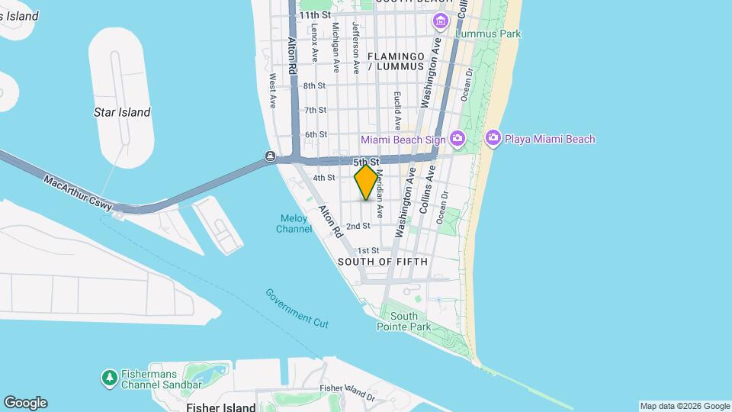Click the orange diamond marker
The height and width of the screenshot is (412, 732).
click(366, 182)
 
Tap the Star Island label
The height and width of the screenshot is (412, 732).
click(122, 112)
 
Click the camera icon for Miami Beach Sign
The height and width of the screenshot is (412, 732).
click(457, 138)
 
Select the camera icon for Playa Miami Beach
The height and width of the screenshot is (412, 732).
click(493, 138)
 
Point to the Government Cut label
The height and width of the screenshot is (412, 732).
click(297, 307)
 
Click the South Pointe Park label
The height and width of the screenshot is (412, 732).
click(403, 321)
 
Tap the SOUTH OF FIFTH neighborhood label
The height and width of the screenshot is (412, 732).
click(383, 262)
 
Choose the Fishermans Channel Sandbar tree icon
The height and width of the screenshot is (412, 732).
click(109, 377)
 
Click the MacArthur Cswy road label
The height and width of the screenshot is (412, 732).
click(78, 194)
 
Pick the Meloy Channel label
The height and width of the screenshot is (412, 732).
click(293, 223)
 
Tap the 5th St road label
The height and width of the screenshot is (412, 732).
click(366, 163)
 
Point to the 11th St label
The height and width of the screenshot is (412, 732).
click(315, 14)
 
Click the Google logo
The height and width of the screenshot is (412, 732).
click(25, 403)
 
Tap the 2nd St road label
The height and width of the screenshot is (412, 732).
click(358, 226)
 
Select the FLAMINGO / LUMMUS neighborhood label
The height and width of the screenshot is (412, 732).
click(395, 61)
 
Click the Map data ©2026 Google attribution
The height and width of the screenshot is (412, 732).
click(684, 406)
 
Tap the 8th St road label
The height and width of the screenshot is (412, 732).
click(314, 85)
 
